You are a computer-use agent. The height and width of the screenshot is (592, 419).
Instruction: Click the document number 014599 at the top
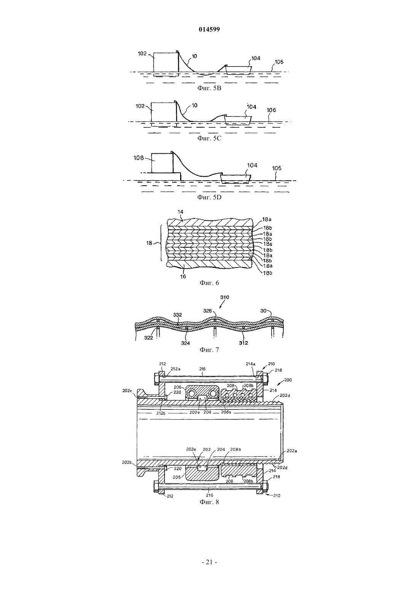(209, 29)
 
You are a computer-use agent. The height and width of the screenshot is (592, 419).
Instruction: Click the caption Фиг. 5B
(209, 88)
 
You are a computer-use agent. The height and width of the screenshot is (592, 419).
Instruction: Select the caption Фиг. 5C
(209, 138)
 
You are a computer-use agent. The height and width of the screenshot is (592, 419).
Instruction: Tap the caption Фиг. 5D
(209, 197)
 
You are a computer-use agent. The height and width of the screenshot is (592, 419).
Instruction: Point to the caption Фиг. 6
(209, 283)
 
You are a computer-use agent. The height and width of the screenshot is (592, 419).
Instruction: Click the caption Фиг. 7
(209, 350)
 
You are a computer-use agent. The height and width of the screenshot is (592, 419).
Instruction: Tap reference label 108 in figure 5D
(139, 158)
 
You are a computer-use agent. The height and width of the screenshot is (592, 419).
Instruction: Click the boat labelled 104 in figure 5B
(238, 70)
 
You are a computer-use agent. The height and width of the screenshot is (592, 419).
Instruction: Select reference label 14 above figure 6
(181, 212)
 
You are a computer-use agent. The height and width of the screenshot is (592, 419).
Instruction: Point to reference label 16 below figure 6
(183, 277)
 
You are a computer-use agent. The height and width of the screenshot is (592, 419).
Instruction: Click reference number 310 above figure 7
(225, 297)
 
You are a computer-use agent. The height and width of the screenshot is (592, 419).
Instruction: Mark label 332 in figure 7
(178, 315)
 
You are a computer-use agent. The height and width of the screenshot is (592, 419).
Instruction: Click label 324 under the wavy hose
(186, 343)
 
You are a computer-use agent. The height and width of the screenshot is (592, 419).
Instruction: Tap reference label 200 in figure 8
(288, 380)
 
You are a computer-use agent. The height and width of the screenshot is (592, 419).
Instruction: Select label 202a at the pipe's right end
(292, 451)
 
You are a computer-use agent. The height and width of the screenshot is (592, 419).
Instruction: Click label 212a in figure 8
(175, 369)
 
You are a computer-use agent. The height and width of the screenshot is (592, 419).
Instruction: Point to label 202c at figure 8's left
(127, 391)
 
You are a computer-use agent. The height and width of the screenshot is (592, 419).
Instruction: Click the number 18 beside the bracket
(149, 243)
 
